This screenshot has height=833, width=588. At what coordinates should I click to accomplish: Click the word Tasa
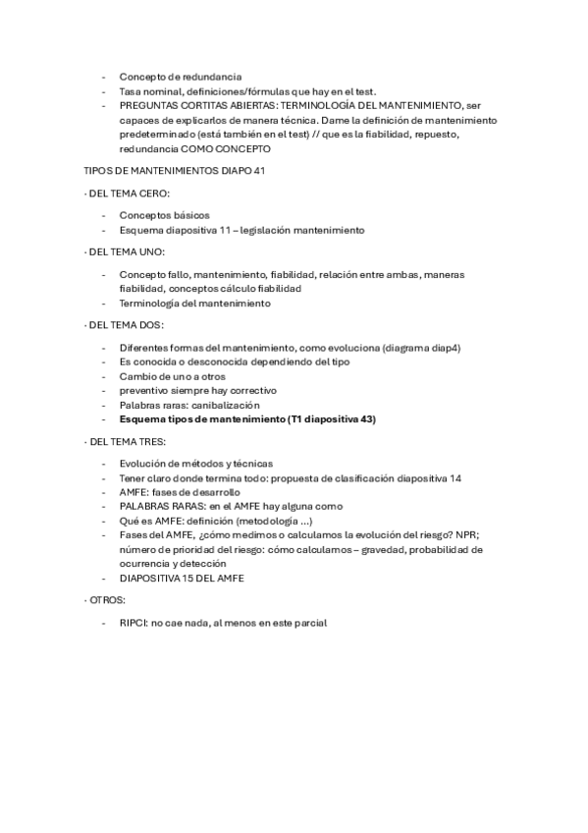pos(130,90)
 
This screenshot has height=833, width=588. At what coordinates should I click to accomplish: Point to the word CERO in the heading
pos(153,193)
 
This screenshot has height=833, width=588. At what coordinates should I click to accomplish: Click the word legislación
pos(267,230)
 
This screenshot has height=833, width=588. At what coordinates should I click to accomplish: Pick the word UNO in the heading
pos(151,252)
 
